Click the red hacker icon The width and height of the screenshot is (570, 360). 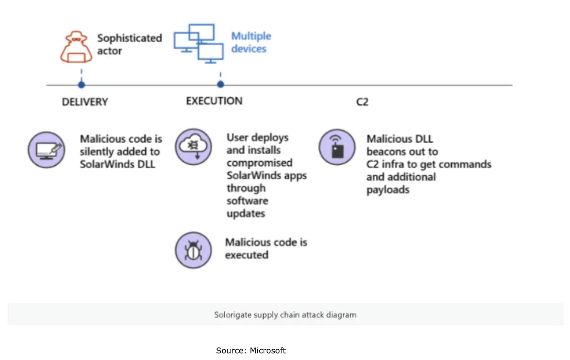76,47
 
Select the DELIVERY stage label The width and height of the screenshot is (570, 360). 85,102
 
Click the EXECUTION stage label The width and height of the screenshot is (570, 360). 214,101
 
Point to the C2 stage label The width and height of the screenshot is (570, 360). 362,102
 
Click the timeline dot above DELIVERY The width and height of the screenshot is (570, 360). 82,85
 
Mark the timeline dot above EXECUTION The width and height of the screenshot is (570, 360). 221,84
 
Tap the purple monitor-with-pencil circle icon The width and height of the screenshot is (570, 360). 47,150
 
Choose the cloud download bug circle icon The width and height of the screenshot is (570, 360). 193,147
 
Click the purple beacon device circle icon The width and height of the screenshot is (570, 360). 337,147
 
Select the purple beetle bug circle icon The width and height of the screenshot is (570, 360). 193,250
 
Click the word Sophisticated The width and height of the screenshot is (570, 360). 129,38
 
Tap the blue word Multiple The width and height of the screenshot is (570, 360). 251,36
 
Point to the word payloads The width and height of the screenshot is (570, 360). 388,190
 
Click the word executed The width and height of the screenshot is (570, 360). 247,255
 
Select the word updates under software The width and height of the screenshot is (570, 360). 246,214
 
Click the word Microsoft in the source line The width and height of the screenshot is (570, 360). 268,350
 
